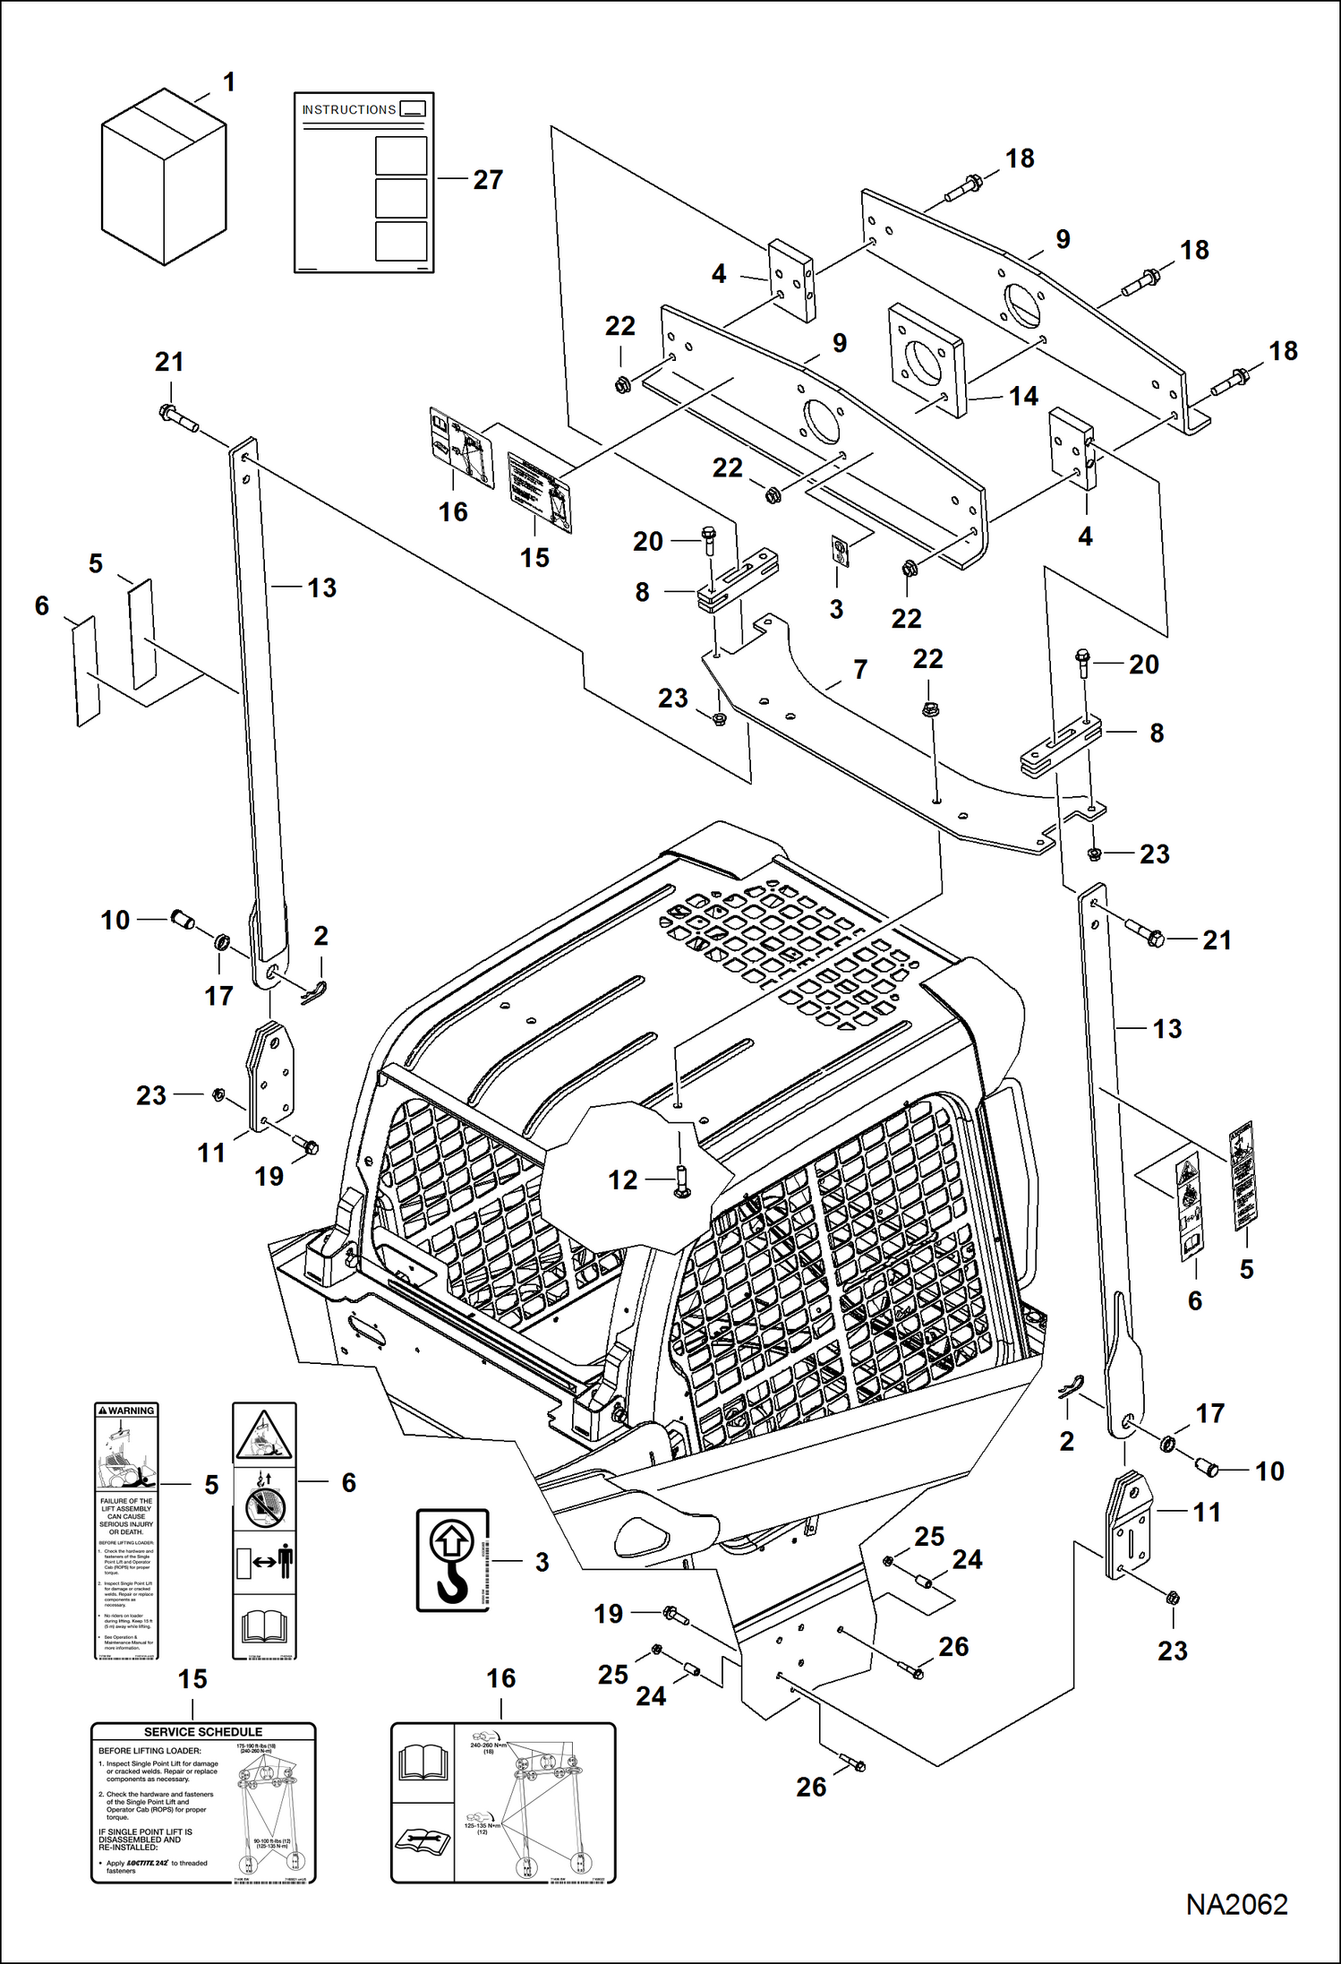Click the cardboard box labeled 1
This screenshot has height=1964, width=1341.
[x=163, y=177]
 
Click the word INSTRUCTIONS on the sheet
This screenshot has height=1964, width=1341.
[x=348, y=110]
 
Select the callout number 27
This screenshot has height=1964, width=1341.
[x=488, y=180]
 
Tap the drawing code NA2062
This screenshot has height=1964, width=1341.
[x=1236, y=1904]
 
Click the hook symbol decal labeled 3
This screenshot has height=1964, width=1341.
[x=452, y=1560]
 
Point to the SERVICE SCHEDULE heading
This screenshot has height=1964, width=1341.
[x=203, y=1732]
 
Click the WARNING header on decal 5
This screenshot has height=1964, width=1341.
[x=126, y=1411]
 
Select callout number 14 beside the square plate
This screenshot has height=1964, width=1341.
[x=1023, y=396]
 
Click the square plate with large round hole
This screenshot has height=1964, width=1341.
[x=927, y=362]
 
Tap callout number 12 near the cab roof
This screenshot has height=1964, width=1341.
[x=623, y=1180]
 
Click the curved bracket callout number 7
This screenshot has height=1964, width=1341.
[x=860, y=669]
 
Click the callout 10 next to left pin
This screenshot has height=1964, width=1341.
[x=115, y=920]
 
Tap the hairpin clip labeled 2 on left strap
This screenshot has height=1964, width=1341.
[x=314, y=992]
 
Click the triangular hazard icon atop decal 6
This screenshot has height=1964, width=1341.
[x=264, y=1435]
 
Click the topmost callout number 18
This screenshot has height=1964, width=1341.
[x=1020, y=159]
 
